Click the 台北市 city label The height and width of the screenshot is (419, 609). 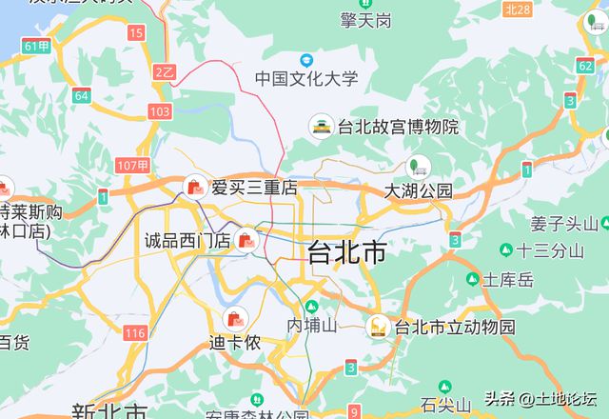[347, 252]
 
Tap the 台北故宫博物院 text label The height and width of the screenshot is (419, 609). [398, 127]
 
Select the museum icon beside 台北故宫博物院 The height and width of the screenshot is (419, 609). [322, 126]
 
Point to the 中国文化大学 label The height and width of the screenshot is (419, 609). [306, 78]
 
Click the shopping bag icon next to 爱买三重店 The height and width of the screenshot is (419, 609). [195, 188]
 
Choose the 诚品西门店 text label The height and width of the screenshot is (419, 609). [187, 240]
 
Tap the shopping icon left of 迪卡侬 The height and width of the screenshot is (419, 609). [233, 318]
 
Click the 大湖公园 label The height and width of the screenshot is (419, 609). [419, 190]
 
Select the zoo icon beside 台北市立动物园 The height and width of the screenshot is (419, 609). [378, 327]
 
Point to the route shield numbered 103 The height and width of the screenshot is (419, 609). [160, 112]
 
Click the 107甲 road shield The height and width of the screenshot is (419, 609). [132, 166]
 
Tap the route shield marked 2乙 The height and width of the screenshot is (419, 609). [165, 71]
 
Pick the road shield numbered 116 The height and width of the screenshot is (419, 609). [135, 332]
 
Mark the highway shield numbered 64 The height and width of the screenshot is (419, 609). [82, 95]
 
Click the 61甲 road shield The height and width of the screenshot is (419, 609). [37, 46]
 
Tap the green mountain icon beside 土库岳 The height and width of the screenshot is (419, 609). [473, 279]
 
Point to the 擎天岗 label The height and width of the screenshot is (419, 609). [366, 19]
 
